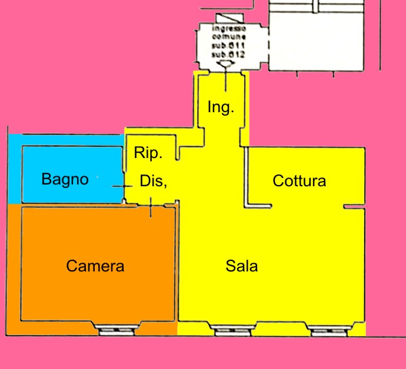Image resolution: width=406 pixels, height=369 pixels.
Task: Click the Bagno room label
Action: [65, 179]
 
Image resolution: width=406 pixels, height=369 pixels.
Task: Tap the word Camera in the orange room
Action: [95, 266]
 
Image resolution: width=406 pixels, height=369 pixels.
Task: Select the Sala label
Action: [242, 266]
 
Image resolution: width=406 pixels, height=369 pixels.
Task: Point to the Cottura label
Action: [299, 181]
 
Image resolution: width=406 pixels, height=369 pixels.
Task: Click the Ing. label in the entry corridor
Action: [221, 108]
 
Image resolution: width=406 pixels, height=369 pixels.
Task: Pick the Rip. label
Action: [148, 154]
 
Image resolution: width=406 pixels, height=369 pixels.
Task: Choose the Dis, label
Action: [154, 182]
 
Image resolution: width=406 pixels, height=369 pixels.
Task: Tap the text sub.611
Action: [228, 45]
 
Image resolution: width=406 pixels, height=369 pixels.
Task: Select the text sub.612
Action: [228, 53]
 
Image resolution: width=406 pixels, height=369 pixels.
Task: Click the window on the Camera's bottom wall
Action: [116, 331]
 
